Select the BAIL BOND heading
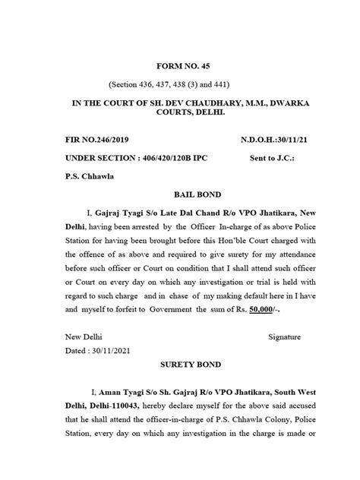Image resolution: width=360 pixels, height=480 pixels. [x=180, y=196]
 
